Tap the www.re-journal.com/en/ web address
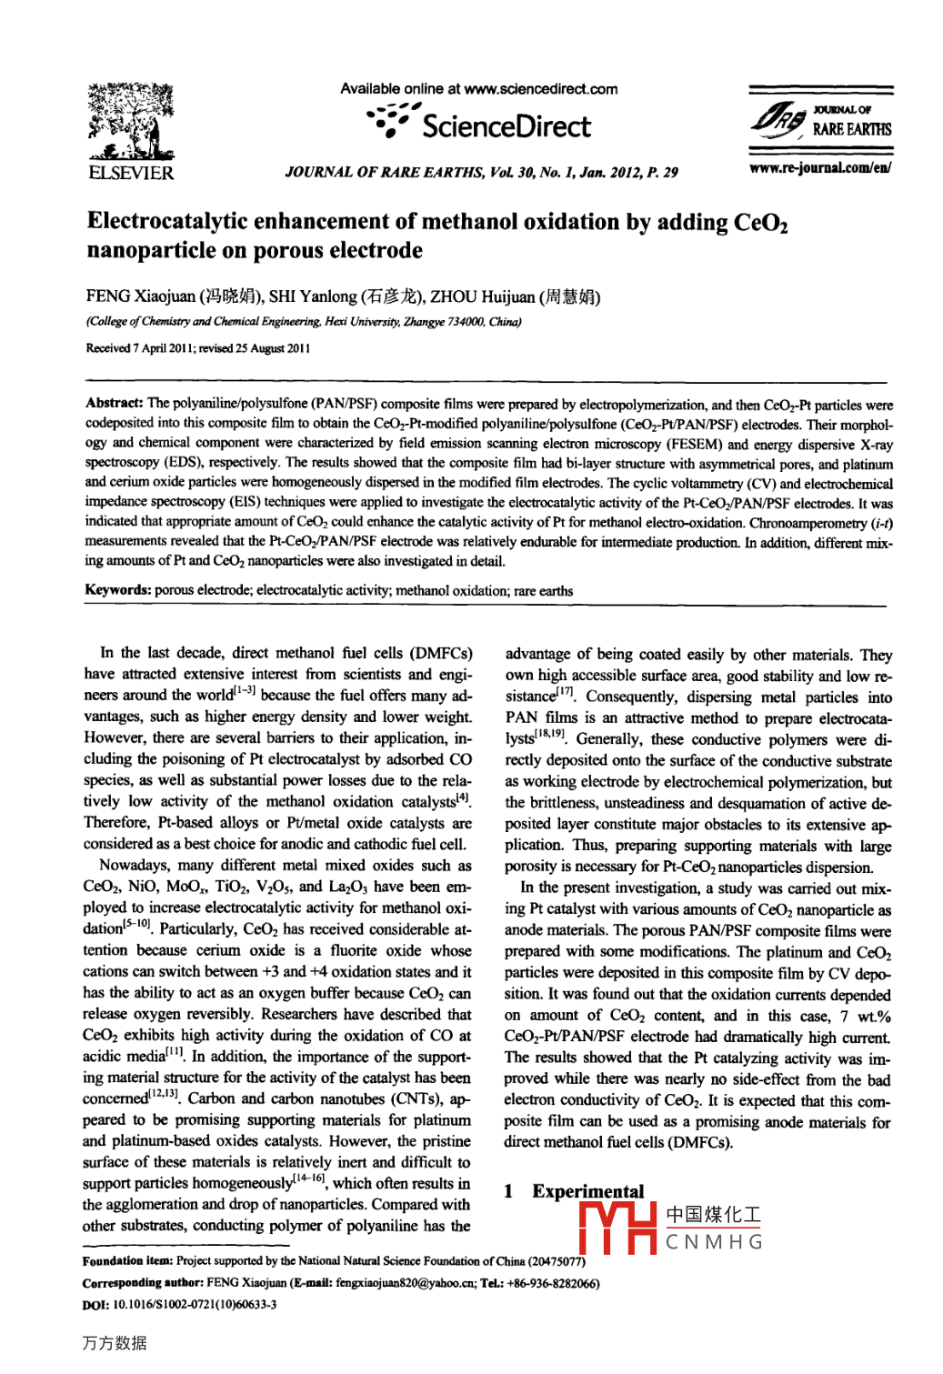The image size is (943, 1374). (x=819, y=167)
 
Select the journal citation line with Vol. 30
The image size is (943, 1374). (x=481, y=172)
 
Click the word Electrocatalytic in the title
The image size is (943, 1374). (x=167, y=222)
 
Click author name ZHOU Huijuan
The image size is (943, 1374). (x=482, y=296)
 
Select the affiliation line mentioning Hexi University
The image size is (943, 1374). (x=304, y=321)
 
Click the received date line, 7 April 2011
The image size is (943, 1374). (x=198, y=348)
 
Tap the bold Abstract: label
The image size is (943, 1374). (x=114, y=403)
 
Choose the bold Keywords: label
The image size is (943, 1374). (x=118, y=590)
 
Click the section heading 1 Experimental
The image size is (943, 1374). (x=575, y=1191)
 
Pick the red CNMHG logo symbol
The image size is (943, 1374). (x=617, y=1229)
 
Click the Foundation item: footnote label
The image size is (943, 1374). (x=126, y=1261)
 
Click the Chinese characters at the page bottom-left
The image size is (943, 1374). (x=114, y=1343)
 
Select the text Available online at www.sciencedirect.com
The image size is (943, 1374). (x=479, y=89)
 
